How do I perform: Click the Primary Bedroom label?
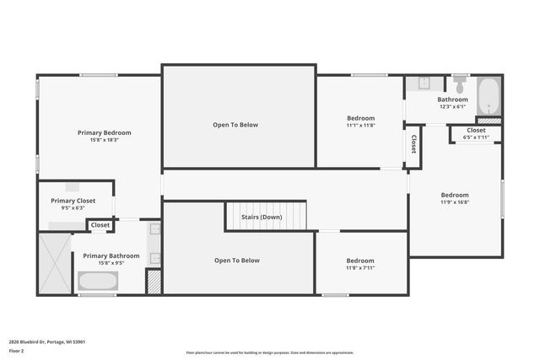coord(105,132)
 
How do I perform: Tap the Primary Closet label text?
coord(73,201)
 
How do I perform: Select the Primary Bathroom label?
coord(111,255)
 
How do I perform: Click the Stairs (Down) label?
coord(262,217)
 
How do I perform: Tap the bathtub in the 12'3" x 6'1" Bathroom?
coord(489,96)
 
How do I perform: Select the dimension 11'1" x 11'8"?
coord(360,126)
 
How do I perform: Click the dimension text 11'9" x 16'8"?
coord(454,202)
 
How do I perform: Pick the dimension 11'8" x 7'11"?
coord(360,268)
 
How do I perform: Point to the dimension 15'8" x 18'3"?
coord(105,140)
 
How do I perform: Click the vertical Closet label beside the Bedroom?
coord(414,143)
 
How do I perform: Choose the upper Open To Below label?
coord(235,125)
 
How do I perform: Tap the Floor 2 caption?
coord(16,350)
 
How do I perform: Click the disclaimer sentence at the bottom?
coord(270,352)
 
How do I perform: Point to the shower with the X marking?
coord(54,263)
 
